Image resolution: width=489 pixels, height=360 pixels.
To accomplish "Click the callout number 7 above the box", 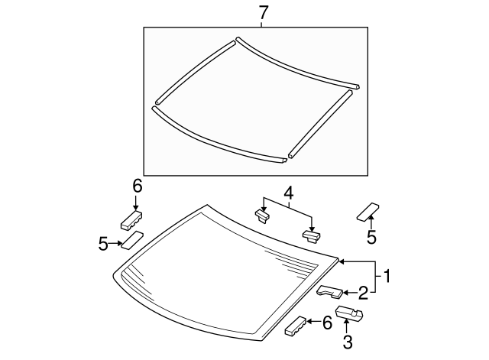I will tap(264, 12).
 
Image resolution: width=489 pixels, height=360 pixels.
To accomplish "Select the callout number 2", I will tap(364, 291).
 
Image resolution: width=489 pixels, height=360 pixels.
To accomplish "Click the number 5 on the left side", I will tap(104, 244).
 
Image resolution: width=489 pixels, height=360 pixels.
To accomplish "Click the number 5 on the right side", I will tap(371, 238).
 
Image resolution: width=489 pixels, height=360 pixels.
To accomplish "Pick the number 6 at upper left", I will tap(138, 186).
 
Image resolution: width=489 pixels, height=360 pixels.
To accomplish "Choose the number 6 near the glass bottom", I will tap(327, 323).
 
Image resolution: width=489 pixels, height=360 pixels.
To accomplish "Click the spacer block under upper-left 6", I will tap(131, 219).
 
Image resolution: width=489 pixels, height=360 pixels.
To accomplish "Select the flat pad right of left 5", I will tap(133, 241).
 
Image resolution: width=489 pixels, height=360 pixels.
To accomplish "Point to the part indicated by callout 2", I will tap(332, 291).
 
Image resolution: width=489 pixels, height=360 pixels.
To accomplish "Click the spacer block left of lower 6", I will tap(296, 327).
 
